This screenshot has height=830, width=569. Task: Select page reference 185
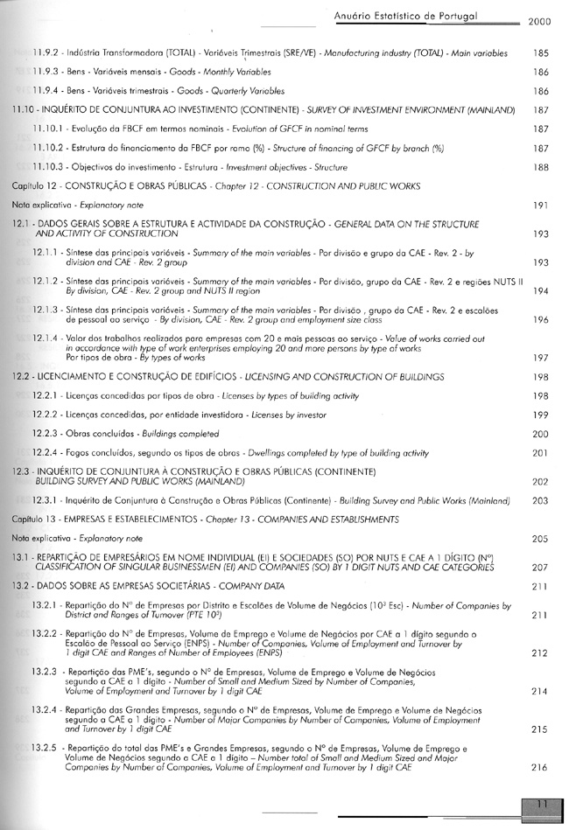540,53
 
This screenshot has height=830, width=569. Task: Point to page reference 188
540,166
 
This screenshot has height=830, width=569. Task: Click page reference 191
540,205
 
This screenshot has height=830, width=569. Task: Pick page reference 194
540,290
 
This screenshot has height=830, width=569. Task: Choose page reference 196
540,320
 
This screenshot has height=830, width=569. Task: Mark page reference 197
540,357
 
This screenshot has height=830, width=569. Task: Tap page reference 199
540,415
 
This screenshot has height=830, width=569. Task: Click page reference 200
540,434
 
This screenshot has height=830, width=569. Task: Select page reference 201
540,453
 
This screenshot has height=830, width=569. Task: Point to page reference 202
540,481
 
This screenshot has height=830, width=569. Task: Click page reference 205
540,539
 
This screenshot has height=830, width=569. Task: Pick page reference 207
540,567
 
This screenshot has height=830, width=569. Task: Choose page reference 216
540,767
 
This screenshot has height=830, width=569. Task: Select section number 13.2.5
45,750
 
